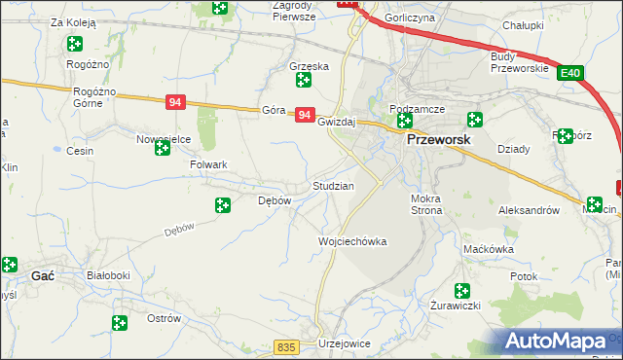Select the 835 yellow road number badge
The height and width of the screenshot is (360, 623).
coord(285,347)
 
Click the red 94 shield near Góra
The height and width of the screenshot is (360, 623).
coord(305,115)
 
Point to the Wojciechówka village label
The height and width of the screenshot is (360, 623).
coord(352,241)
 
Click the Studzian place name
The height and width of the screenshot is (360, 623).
coord(332,185)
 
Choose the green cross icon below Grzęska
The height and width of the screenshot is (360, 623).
coord(304,81)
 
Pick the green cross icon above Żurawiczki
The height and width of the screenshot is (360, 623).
coord(461,289)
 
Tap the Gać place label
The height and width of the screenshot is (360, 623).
coord(42,276)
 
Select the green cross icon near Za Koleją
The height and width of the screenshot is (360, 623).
coord(74,43)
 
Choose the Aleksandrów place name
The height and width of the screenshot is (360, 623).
coord(529,209)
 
